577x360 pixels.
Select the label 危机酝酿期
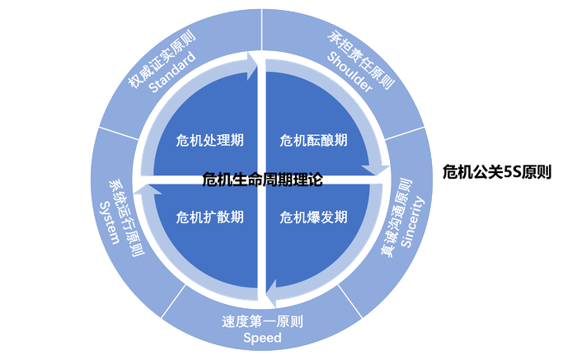(x=314, y=139)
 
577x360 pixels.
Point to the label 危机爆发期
(x=314, y=217)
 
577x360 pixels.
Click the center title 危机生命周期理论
(x=262, y=179)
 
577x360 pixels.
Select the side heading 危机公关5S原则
(x=496, y=172)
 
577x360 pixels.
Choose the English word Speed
(x=262, y=338)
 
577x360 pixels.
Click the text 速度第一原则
(x=262, y=321)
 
